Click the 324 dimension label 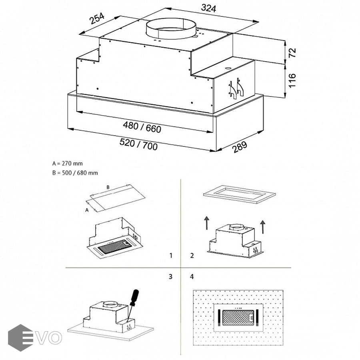click(x=209, y=8)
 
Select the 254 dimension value click(x=97, y=19)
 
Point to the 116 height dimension click(x=292, y=80)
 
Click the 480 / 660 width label click(x=142, y=127)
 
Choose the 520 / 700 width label click(x=139, y=144)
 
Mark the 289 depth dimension click(x=240, y=147)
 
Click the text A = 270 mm click(x=68, y=163)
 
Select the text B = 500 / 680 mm click(x=75, y=173)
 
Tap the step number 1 click(x=171, y=255)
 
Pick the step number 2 click(x=192, y=255)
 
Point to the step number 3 click(x=171, y=276)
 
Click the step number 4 click(x=192, y=276)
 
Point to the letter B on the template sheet click(x=108, y=187)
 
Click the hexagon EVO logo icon click(x=20, y=338)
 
